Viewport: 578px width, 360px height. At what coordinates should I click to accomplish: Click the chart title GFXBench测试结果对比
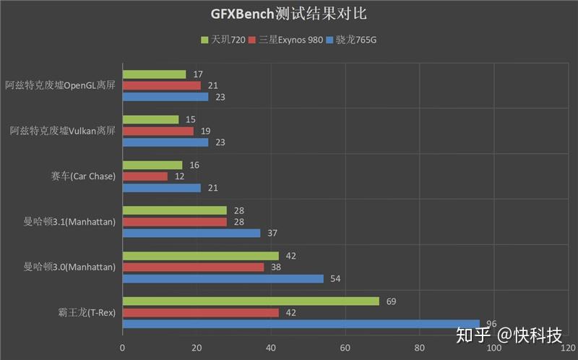click(x=288, y=14)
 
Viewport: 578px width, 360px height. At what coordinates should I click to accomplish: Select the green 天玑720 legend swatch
click(x=204, y=40)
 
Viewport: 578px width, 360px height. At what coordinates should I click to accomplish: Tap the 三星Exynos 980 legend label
click(x=290, y=40)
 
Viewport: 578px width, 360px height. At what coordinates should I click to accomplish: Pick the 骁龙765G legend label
click(x=356, y=40)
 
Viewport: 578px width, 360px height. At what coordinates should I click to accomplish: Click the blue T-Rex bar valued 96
click(x=301, y=324)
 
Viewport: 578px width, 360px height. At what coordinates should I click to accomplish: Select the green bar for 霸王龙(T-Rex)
click(x=251, y=301)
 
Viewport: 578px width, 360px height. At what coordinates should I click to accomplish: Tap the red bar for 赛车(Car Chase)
click(x=145, y=176)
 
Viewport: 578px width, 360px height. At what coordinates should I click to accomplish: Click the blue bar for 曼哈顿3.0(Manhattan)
click(x=223, y=278)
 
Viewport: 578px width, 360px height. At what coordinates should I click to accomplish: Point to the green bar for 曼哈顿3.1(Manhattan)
click(x=175, y=210)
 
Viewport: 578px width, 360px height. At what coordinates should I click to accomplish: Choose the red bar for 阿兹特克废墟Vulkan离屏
click(x=158, y=131)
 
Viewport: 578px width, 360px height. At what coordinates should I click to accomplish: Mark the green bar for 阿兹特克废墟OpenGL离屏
click(x=155, y=74)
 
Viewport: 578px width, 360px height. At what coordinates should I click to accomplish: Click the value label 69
click(x=391, y=301)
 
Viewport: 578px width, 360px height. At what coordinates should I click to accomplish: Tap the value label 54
click(x=335, y=278)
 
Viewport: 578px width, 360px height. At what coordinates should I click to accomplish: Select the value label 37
click(x=272, y=233)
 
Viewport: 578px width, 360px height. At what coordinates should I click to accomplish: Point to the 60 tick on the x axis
click(x=345, y=348)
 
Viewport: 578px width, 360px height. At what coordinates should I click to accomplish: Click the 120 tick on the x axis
click(x=568, y=348)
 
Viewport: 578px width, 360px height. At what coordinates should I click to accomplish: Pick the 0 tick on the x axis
click(x=122, y=348)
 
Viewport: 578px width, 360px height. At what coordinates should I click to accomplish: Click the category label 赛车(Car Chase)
click(x=83, y=176)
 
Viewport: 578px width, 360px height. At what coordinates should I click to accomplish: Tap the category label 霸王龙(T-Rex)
click(x=87, y=312)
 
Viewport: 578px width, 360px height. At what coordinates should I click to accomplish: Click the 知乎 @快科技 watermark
click(x=509, y=335)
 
